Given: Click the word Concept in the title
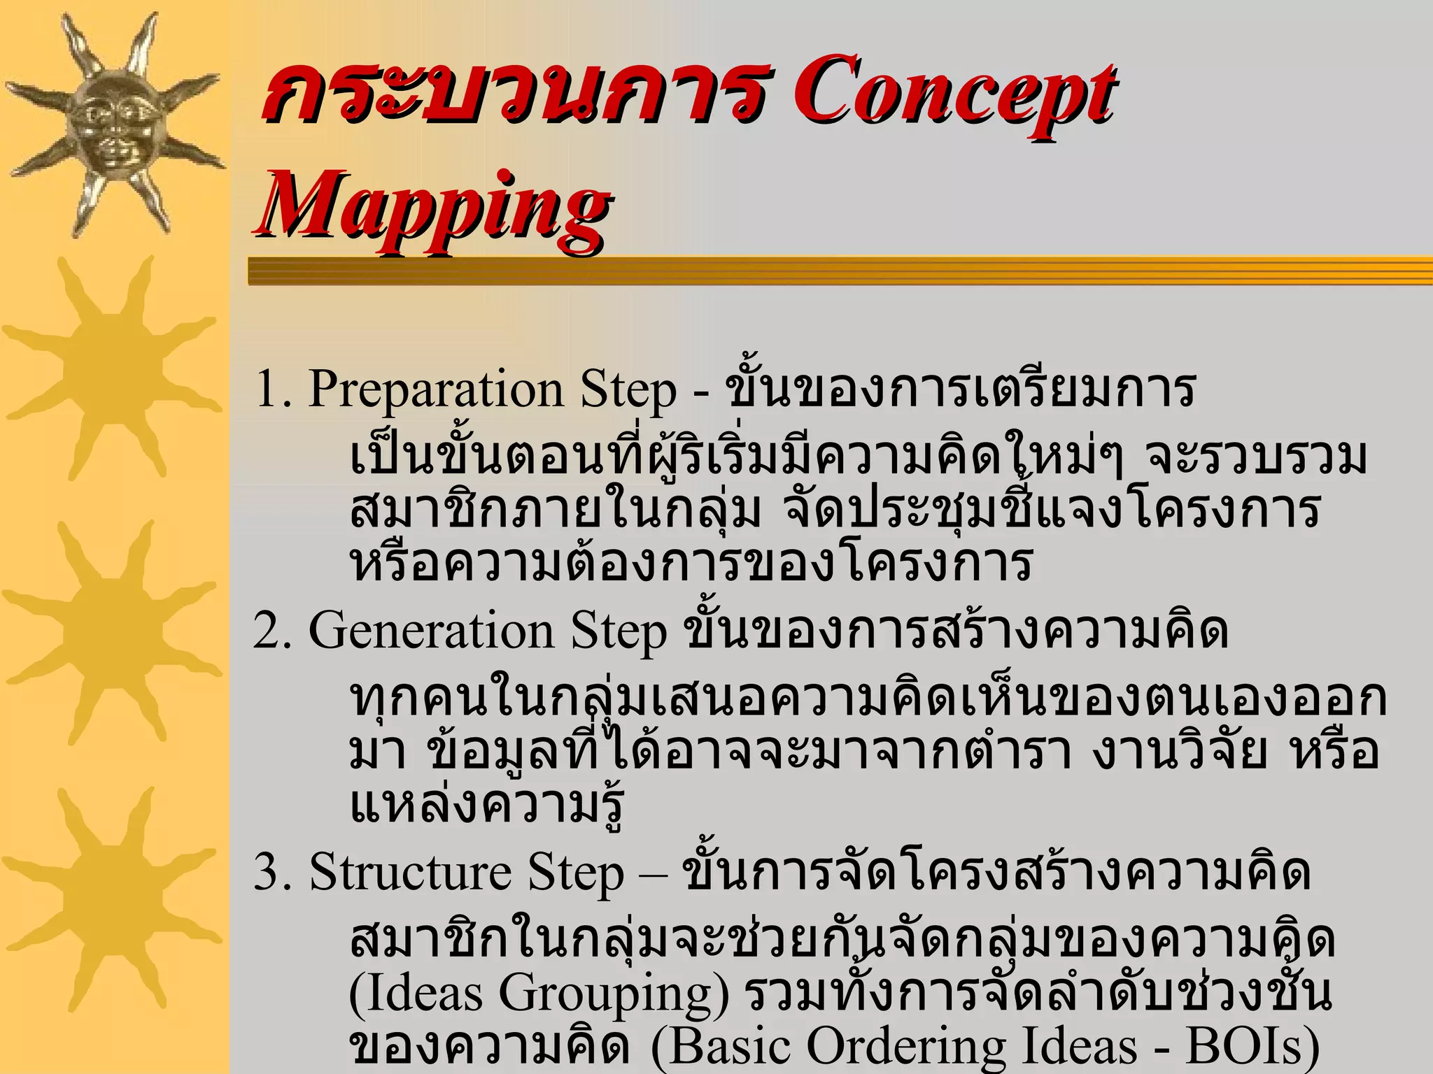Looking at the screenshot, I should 953,94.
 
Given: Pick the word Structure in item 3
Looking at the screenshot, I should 411,873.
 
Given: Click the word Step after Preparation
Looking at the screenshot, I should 628,389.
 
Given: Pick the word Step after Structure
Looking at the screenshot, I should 575,873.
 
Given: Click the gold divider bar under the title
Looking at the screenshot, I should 840,271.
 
